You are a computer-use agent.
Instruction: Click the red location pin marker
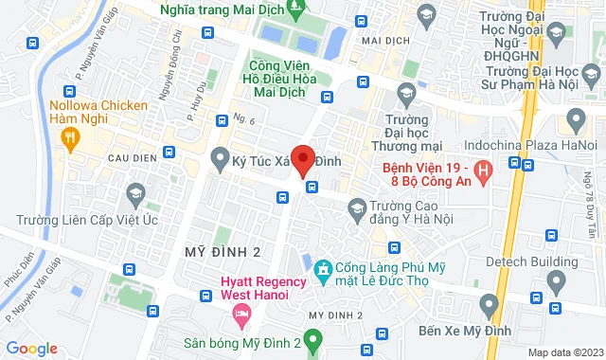[303, 160]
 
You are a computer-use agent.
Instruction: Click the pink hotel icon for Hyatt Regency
[243, 313]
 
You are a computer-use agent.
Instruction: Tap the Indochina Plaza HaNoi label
[544, 145]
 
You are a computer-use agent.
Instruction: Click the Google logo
[31, 348]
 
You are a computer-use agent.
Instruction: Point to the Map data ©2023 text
[565, 352]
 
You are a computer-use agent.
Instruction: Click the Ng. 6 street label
[248, 118]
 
